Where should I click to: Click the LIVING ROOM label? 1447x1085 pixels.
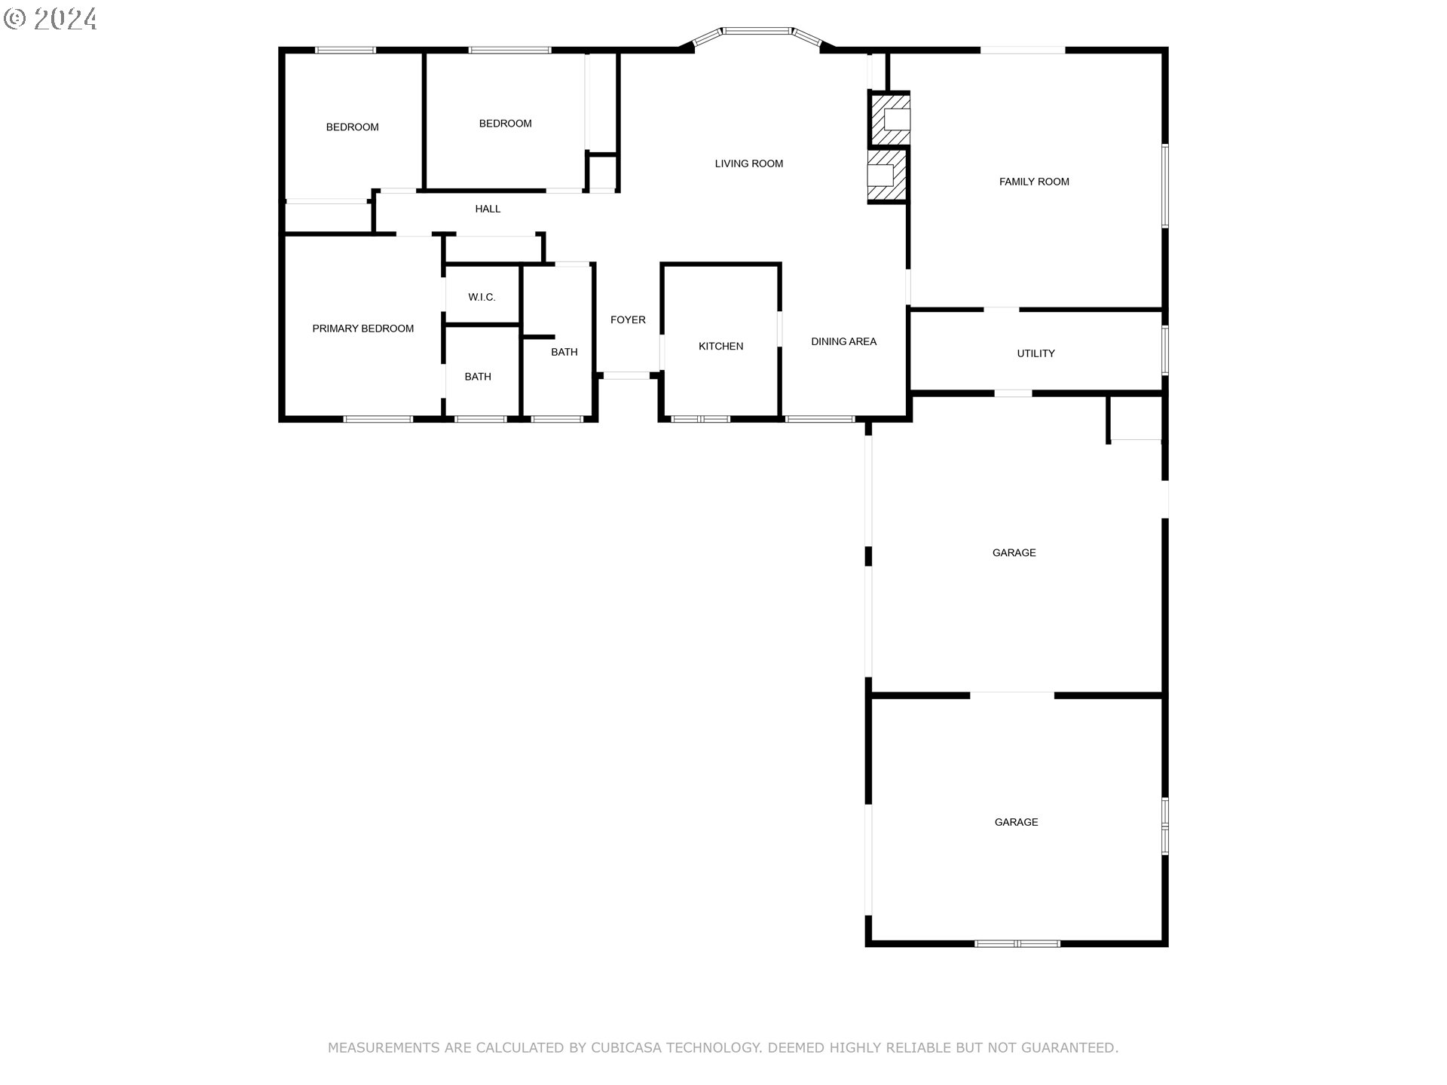(748, 164)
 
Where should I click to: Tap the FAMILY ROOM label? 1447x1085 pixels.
(1033, 182)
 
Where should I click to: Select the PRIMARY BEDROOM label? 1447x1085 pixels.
(363, 329)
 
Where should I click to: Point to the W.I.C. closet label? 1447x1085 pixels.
(482, 298)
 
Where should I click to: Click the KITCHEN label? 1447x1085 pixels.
(720, 347)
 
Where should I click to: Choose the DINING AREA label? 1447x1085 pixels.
(843, 341)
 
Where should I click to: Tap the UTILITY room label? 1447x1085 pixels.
(1036, 353)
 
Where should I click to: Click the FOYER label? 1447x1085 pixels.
(628, 320)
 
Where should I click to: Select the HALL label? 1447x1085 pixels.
(488, 209)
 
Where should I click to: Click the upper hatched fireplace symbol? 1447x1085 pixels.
(892, 119)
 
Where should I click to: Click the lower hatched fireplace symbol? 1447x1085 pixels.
(886, 176)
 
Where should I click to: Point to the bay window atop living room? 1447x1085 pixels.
(757, 32)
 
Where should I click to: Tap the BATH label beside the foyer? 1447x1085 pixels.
(564, 352)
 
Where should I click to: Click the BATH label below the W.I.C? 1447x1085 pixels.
(478, 377)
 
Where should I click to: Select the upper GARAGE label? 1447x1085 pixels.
(1014, 553)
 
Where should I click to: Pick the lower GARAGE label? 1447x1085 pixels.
(1016, 822)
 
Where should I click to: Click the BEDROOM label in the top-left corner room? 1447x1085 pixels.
(352, 127)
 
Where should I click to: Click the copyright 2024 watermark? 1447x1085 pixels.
(50, 18)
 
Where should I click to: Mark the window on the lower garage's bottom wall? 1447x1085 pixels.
(1017, 943)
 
